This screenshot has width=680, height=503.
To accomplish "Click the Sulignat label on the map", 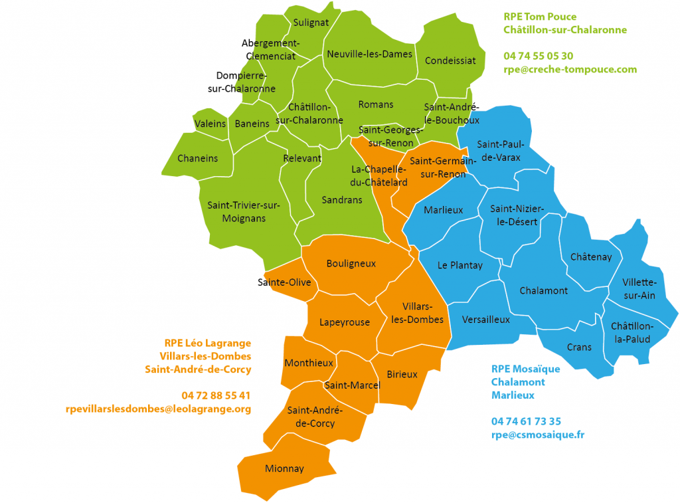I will pos(311,22).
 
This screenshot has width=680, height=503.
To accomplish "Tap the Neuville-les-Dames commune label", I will pos(369,54).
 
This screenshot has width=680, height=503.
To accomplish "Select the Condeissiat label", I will pos(450,60).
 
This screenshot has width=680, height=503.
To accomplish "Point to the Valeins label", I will pos(210,124).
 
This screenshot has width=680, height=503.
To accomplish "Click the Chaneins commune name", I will pos(197,158).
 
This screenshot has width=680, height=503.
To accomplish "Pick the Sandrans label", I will pos(342,199).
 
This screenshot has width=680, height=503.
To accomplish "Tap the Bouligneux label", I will pos(351,263).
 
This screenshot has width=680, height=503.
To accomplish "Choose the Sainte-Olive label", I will pos(285,282).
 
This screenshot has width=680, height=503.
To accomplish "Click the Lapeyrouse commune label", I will pos(345,322).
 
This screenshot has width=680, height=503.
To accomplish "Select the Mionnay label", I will pos(284,468).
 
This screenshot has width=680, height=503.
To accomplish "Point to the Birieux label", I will pos(402,374).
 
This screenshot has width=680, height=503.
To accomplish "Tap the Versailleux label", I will pos(485,320).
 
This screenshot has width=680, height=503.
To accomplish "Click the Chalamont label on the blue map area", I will pos(543,290).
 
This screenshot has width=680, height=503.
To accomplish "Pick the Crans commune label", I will pos(579,347).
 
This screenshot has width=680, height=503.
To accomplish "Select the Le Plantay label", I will pos(460,265).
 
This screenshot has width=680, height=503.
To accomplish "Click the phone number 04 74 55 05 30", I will pos(538,56).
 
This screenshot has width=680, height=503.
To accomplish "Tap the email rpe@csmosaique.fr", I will pos(538,435).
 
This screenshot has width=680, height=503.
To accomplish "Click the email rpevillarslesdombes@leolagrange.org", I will pos(158,409).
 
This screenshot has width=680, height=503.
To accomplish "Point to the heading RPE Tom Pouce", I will pos(540,17).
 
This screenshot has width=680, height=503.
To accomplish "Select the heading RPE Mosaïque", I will pos(525,369).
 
